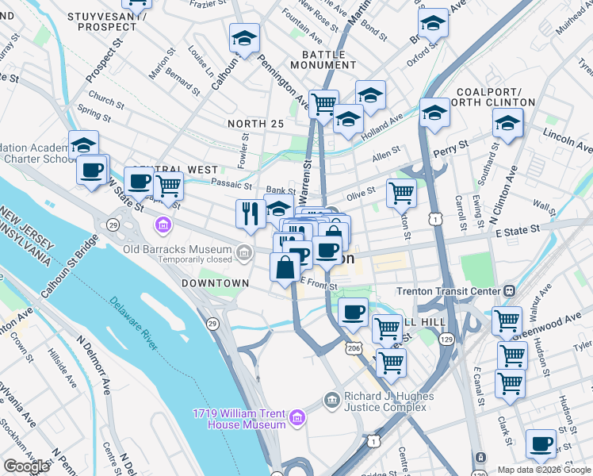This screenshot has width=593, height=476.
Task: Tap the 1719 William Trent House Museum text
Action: (239, 419)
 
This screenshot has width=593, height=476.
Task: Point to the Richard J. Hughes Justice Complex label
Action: (389, 401)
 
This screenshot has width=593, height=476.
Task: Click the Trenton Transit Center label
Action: (451, 291)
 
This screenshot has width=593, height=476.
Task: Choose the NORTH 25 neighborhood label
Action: (254, 124)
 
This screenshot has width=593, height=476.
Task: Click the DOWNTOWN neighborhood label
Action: (215, 282)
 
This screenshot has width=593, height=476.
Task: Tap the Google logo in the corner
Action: (27, 466)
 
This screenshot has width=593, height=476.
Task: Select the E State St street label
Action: (517, 228)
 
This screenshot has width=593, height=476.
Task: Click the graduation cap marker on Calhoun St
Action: (245, 39)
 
